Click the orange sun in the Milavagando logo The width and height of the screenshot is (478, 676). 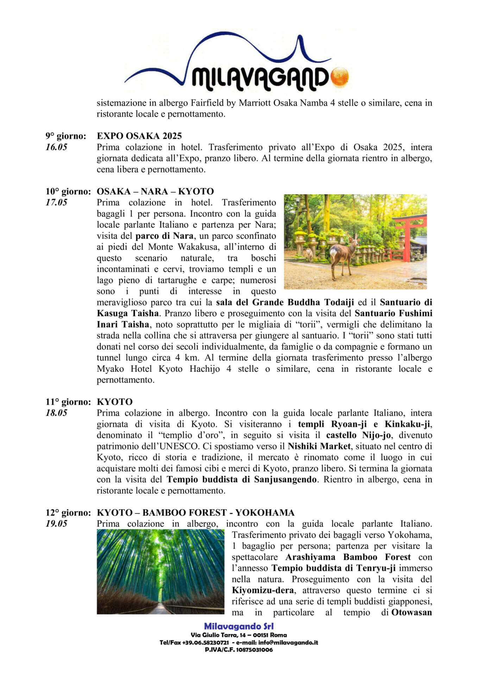340,77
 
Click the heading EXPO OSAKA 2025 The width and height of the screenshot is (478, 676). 139,136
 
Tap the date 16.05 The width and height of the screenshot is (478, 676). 56,147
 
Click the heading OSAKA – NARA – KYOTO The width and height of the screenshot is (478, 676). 155,192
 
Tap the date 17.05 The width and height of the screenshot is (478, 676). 56,202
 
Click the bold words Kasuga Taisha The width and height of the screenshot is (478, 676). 127,313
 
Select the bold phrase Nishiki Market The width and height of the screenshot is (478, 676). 319,446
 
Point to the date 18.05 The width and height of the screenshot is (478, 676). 56,413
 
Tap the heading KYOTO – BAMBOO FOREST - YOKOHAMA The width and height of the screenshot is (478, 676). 195,513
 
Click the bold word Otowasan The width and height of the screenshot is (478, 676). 411,612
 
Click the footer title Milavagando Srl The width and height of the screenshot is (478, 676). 239,626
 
